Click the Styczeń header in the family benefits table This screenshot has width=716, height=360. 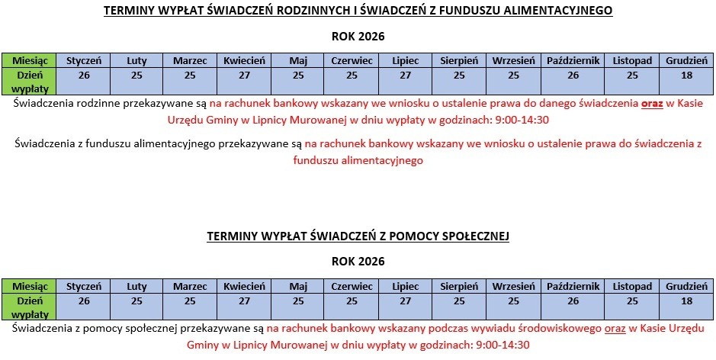(x=84, y=60)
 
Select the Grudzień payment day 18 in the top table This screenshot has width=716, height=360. (x=686, y=75)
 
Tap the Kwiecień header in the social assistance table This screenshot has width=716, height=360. (x=244, y=286)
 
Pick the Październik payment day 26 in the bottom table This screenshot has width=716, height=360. (x=573, y=301)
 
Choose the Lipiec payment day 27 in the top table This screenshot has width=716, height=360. (x=405, y=75)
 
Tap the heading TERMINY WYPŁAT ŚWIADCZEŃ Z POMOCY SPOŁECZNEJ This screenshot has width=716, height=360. (x=358, y=236)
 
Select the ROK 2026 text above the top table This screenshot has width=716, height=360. (x=358, y=36)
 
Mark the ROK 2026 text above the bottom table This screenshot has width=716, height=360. (x=358, y=261)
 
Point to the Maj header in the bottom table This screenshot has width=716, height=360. (x=298, y=286)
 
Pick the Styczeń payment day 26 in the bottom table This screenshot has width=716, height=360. (x=84, y=301)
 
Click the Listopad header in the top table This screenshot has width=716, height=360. (x=632, y=60)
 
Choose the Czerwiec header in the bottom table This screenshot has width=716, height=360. (x=352, y=286)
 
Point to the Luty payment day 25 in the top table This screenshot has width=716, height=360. (x=136, y=75)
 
